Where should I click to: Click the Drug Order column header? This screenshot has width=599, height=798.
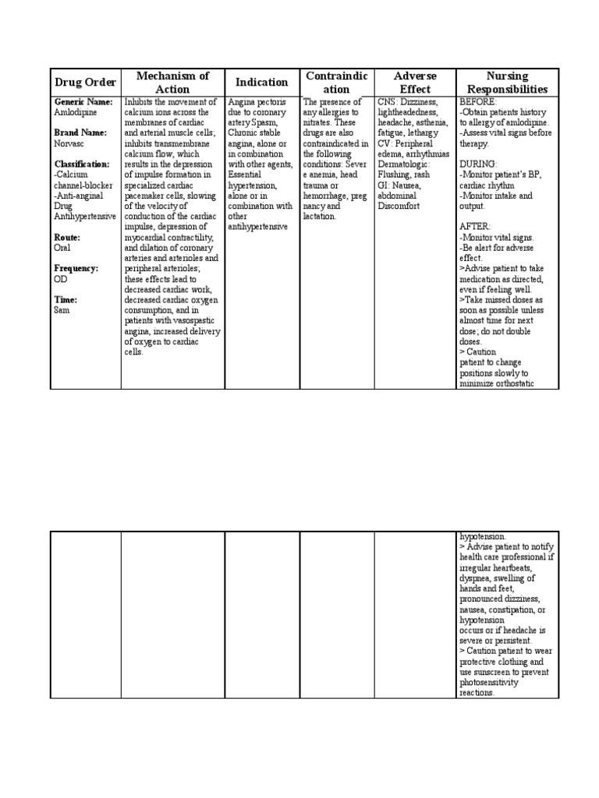86,83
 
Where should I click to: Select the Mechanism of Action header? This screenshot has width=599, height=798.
172,83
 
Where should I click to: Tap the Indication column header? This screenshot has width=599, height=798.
262,83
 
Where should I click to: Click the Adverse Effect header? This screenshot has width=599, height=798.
414,83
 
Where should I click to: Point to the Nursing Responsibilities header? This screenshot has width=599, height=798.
506,83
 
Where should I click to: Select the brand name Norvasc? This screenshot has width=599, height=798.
69,143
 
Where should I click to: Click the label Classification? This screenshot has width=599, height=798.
82,164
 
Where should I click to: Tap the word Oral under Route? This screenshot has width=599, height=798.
63,247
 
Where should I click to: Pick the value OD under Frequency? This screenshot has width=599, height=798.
61,278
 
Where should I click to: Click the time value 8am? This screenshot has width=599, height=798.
62,309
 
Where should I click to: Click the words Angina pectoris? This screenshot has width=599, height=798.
257,102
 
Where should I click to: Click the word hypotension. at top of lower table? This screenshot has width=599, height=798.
483,537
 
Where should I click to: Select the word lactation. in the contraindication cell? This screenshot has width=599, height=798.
319,216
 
